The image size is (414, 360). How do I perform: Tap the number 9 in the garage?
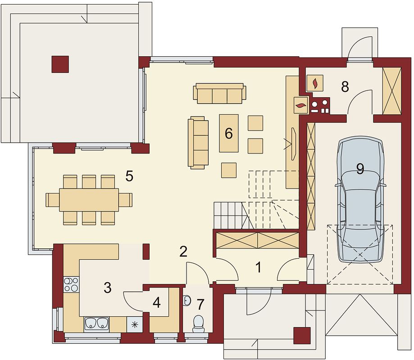coord(360,169)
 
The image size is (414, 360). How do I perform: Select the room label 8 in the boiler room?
coord(345,86)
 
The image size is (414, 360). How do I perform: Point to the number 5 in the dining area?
coord(129,176)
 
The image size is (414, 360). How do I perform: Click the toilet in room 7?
coord(199,324)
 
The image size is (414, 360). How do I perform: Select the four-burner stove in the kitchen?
coord(71,284)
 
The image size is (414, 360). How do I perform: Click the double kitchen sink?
coord(96,324)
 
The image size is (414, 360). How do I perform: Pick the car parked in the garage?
coord(360,199)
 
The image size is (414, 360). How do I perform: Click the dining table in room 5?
coord(89,200)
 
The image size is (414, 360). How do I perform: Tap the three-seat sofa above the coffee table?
coord(220,94)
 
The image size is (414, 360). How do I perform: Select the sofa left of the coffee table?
coord(198,143)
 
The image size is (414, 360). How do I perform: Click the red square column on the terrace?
coord(60,64)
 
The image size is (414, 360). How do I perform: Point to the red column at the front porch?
coord(302,335)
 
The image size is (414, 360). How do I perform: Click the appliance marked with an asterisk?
coord(135,324)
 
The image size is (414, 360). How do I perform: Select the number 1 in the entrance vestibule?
coord(259,267)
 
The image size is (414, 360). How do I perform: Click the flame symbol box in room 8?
coord(315,83)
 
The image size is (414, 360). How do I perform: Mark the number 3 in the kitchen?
coord(108,288)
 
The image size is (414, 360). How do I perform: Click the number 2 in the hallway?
coord(183,252)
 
